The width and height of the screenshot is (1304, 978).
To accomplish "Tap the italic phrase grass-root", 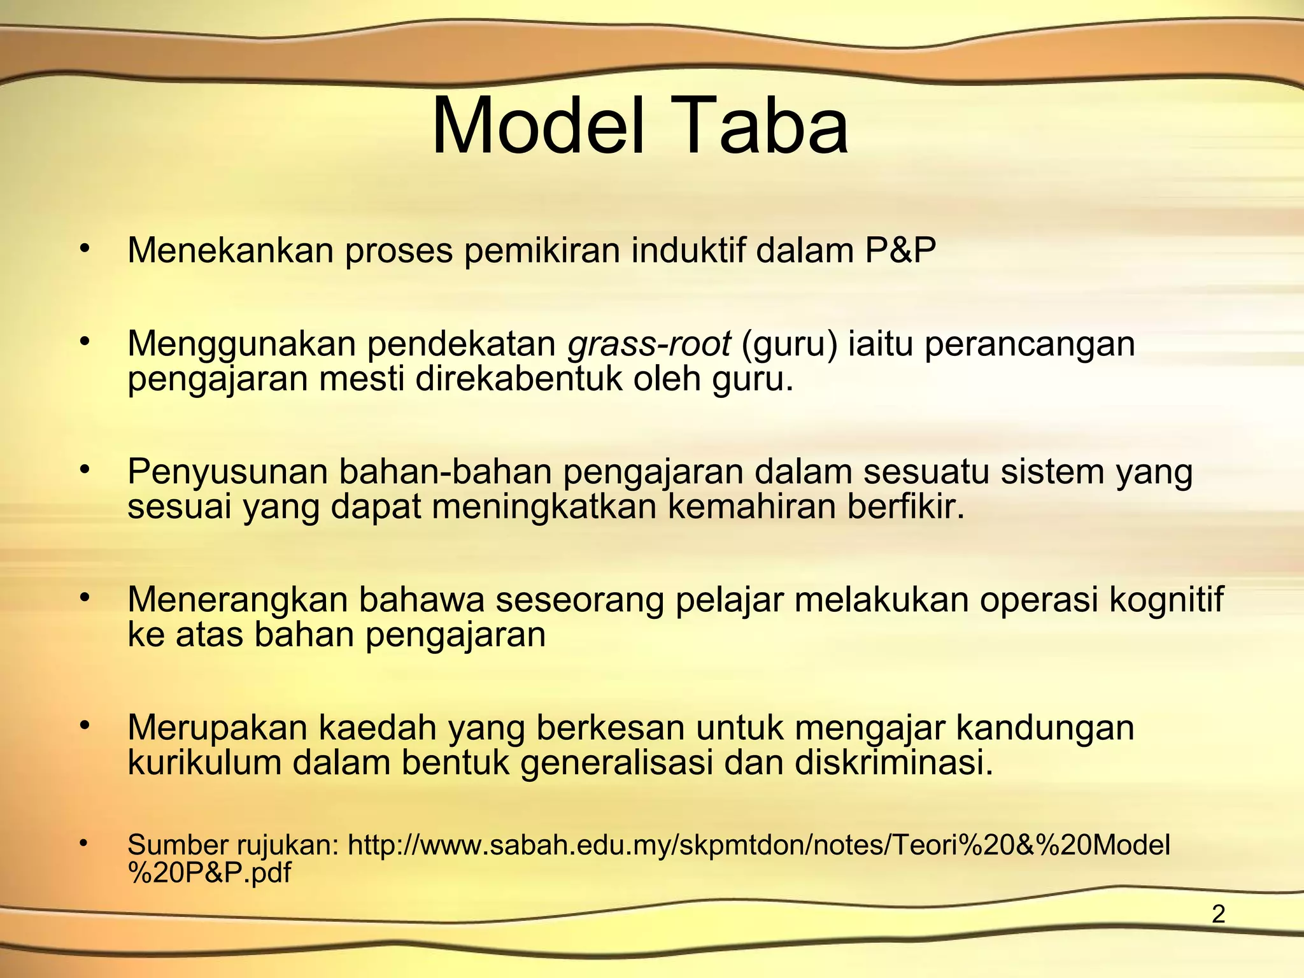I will coord(649,344).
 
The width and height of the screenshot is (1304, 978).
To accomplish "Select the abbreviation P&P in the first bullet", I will coord(900,250).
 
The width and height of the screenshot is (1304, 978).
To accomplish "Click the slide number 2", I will coord(1218,914).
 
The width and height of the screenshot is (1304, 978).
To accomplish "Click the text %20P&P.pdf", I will coord(209,873).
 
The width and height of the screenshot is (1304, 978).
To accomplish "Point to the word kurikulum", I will coord(204,763).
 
